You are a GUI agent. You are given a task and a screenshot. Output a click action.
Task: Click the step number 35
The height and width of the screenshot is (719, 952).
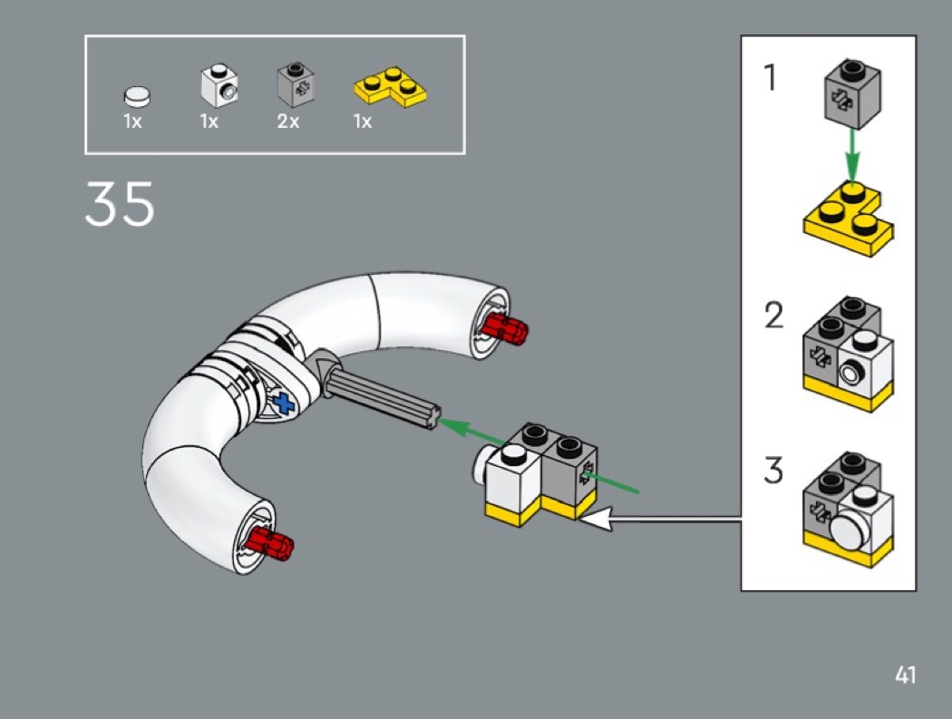click(120, 205)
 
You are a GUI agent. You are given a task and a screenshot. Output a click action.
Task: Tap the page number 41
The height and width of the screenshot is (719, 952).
click(904, 675)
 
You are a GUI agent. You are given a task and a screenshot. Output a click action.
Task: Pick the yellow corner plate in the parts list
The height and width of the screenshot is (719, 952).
click(389, 86)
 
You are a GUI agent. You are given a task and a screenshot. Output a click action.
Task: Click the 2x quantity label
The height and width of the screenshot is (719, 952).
click(288, 121)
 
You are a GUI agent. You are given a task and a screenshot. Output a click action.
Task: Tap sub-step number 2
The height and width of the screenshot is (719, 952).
click(772, 316)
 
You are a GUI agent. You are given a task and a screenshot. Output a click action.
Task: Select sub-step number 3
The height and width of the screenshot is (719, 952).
click(772, 471)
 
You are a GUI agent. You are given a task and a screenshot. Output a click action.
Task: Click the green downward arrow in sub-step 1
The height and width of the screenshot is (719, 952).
click(850, 154)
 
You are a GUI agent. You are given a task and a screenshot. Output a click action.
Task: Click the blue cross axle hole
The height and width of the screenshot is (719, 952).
click(285, 403)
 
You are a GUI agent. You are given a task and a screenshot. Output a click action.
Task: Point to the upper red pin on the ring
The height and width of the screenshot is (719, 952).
click(504, 327)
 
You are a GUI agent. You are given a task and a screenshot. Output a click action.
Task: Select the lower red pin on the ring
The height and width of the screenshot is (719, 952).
click(273, 543)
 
